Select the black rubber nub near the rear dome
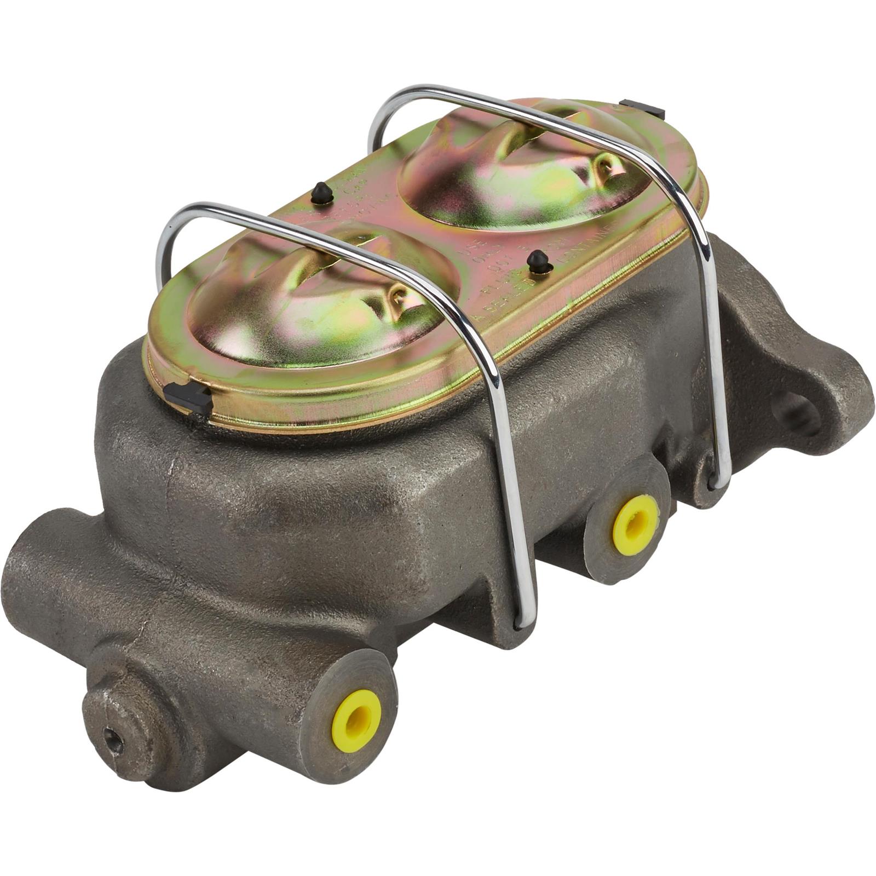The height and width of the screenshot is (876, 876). (x=322, y=193)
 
